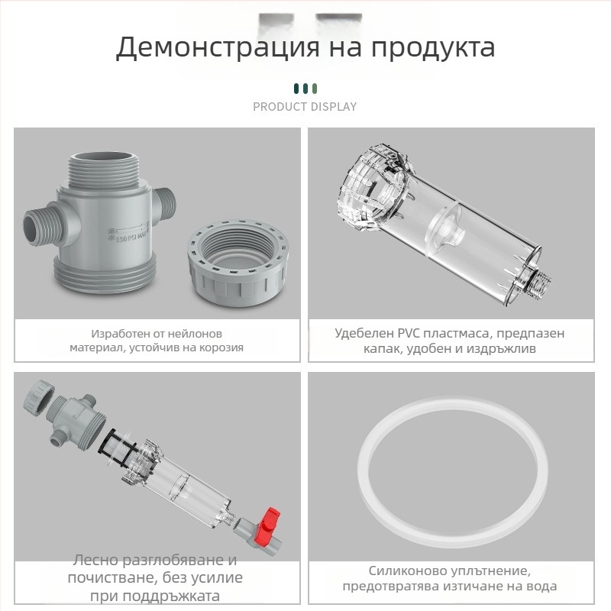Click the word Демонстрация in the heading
[x=209, y=47]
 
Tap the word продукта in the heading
[x=433, y=47]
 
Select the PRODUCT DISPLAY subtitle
[x=305, y=107]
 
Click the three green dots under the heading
[x=305, y=88]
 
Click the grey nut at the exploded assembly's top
[x=37, y=396]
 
